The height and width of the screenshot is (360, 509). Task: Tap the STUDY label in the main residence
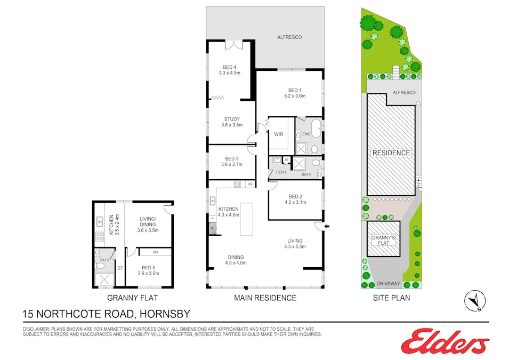232,119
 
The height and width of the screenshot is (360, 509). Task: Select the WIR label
278,135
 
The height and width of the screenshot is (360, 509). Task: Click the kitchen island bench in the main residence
247,219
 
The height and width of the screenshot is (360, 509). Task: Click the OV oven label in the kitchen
249,184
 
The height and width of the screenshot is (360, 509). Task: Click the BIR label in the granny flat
155,252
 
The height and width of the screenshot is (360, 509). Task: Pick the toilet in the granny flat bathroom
100,265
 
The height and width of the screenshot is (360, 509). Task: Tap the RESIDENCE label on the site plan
391,153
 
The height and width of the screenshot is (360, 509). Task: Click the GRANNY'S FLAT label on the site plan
384,239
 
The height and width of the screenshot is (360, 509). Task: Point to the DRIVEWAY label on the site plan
388,284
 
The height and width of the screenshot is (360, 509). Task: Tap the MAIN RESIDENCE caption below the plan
265,298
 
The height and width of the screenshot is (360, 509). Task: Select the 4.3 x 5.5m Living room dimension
295,247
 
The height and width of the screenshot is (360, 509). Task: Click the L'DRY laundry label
281,172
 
